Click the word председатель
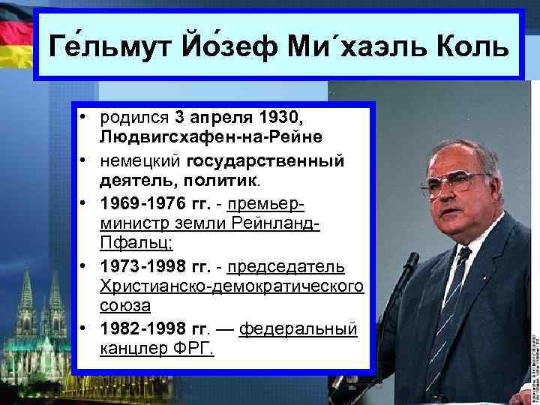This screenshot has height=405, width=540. coord(286,267)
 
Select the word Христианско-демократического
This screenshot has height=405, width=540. coord(231,286)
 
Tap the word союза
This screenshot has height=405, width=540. coord(124,305)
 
